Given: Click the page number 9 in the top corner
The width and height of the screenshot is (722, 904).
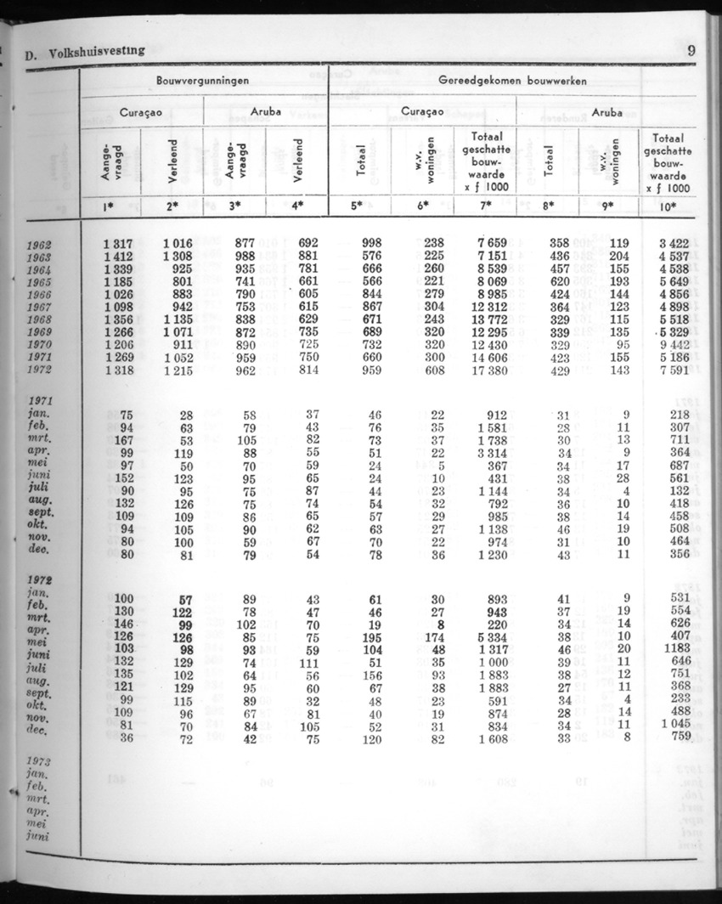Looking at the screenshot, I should [x=692, y=50].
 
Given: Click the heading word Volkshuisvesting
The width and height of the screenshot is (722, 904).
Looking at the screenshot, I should [x=96, y=51].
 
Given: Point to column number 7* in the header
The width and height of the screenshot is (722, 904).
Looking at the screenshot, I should [x=486, y=206].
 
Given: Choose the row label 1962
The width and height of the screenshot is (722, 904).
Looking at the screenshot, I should [x=40, y=244].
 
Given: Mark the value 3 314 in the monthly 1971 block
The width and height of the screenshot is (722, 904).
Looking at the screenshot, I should [x=491, y=454].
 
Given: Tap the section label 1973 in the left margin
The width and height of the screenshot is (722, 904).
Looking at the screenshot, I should [x=40, y=762].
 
